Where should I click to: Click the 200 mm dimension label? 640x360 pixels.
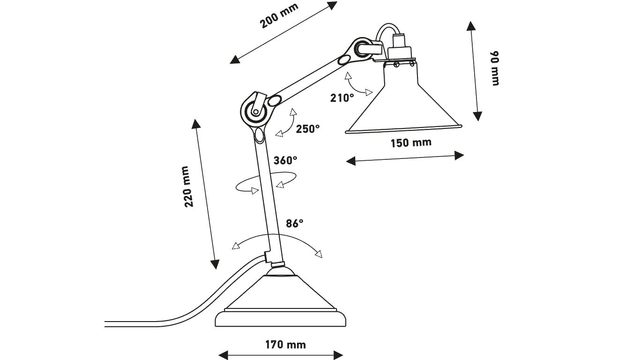[x=279, y=15]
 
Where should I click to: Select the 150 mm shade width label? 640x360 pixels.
[x=411, y=142]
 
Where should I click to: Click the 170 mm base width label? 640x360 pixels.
[x=285, y=345]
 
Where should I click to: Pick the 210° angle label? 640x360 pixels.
[x=342, y=98]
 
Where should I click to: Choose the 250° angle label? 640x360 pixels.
[x=308, y=129]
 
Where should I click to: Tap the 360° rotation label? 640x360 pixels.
[x=285, y=160]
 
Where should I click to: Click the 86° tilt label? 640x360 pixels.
[x=295, y=224]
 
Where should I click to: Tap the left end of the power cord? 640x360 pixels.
[x=105, y=324]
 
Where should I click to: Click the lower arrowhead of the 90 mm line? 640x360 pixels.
[x=478, y=116]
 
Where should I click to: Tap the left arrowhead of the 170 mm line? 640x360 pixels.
[x=223, y=355]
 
